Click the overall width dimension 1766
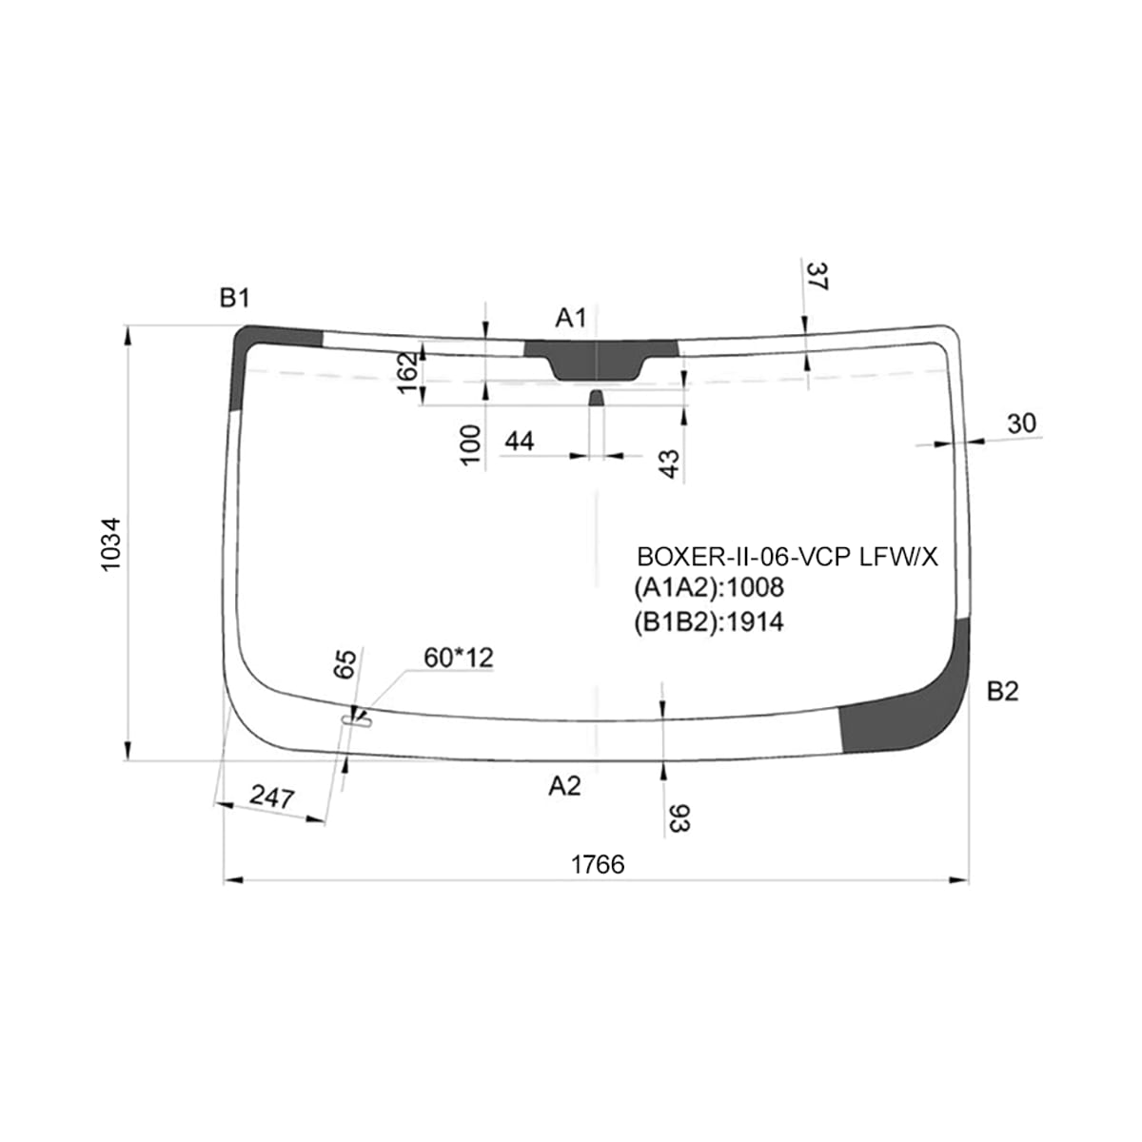pyautogui.click(x=598, y=865)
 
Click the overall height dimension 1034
pyautogui.click(x=111, y=544)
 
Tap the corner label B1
pyautogui.click(x=235, y=298)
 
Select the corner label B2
pyautogui.click(x=1002, y=692)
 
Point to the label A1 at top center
pyautogui.click(x=570, y=318)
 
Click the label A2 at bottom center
pyautogui.click(x=564, y=786)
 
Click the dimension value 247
pyautogui.click(x=272, y=797)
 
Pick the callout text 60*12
pyautogui.click(x=459, y=658)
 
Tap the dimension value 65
pyautogui.click(x=345, y=664)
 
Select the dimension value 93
pyautogui.click(x=679, y=818)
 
